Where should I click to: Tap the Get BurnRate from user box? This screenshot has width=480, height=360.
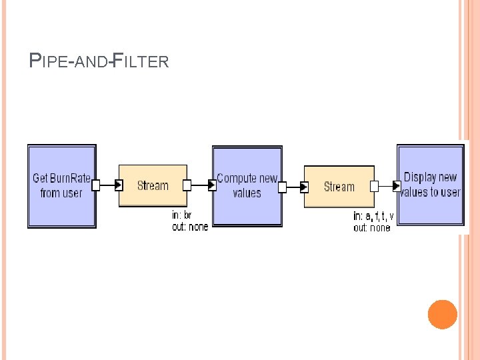pyautogui.click(x=61, y=186)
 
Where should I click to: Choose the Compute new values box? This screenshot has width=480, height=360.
pyautogui.click(x=247, y=186)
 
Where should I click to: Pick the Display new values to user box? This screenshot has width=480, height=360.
pyautogui.click(x=431, y=185)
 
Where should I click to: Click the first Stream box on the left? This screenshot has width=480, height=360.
pyautogui.click(x=153, y=185)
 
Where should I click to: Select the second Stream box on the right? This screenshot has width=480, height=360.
pyautogui.click(x=339, y=186)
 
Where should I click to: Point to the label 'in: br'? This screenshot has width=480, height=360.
pyautogui.click(x=182, y=215)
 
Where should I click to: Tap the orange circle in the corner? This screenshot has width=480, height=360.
pyautogui.click(x=442, y=315)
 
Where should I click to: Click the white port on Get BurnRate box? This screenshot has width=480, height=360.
pyautogui.click(x=95, y=185)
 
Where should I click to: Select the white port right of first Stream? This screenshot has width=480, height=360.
pyautogui.click(x=187, y=185)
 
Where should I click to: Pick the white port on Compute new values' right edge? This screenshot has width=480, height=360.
pyautogui.click(x=282, y=187)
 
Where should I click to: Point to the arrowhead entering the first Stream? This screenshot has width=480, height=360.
pyautogui.click(x=119, y=185)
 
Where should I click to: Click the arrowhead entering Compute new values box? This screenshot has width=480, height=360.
pyautogui.click(x=212, y=185)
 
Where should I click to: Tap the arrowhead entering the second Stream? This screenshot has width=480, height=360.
pyautogui.click(x=305, y=187)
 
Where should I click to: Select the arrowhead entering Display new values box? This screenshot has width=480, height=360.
pyautogui.click(x=397, y=186)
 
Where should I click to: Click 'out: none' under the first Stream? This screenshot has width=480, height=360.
pyautogui.click(x=190, y=227)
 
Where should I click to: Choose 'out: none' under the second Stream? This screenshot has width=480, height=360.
pyautogui.click(x=372, y=227)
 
